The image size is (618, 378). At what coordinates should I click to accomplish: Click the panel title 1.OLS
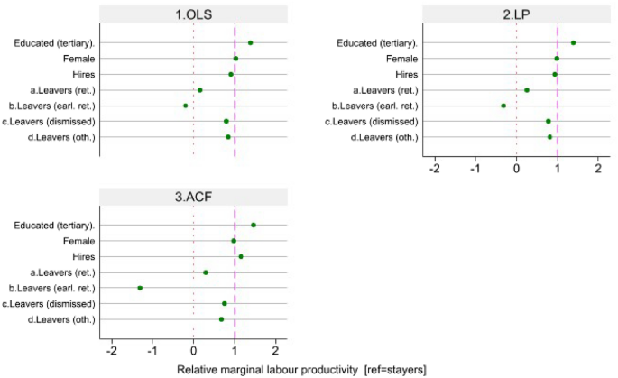(x=193, y=15)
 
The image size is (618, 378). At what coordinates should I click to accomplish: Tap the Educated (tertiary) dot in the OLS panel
(x=250, y=42)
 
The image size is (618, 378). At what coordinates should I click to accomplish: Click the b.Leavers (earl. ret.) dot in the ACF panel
(x=140, y=288)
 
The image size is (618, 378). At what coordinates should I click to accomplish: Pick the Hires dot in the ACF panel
(x=240, y=256)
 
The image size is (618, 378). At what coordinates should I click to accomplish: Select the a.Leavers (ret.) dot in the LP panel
(x=527, y=90)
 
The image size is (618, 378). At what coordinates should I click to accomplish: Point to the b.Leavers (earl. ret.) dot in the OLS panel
(x=185, y=106)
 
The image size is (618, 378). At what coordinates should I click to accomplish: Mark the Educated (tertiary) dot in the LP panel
(x=573, y=42)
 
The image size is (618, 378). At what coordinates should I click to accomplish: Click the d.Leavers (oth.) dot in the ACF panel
(x=221, y=319)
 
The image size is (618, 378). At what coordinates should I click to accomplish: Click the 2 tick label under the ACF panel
(x=275, y=351)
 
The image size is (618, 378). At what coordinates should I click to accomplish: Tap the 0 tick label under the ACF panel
(x=193, y=351)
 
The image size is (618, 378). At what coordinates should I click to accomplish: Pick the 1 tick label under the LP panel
(x=558, y=169)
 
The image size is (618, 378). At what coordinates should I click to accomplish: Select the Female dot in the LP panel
(x=557, y=59)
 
